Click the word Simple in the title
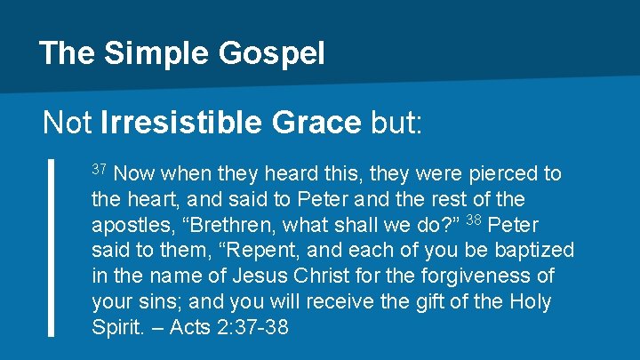156,53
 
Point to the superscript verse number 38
475,220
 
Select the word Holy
532,302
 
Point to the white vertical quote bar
50,248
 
